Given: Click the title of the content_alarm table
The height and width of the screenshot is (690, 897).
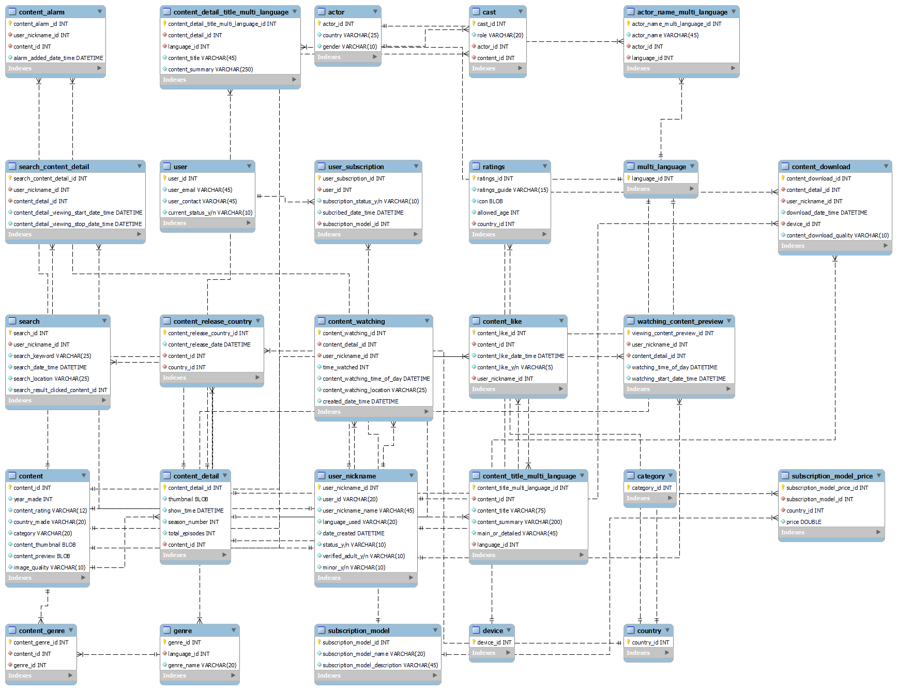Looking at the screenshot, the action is [x=42, y=12].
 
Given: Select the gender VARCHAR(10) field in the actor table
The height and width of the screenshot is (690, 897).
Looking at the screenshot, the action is [x=349, y=47].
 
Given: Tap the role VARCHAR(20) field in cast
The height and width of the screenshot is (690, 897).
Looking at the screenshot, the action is [x=500, y=35].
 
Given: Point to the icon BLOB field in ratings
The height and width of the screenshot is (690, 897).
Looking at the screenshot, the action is [x=490, y=201].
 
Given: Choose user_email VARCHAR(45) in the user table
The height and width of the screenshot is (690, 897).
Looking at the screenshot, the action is [x=200, y=190].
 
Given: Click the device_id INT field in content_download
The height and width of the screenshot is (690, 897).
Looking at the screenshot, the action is [x=803, y=224].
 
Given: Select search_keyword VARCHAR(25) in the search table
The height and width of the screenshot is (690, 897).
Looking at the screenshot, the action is [x=52, y=356].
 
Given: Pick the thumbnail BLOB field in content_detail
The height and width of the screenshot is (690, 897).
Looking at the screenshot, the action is [x=188, y=499].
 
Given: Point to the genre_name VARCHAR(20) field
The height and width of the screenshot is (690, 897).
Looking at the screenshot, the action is [x=202, y=665].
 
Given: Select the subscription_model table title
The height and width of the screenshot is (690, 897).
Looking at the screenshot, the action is [x=359, y=631].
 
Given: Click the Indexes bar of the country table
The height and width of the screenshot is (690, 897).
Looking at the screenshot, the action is [x=648, y=653].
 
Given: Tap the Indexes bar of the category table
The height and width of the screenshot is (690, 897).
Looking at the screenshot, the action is [x=650, y=498].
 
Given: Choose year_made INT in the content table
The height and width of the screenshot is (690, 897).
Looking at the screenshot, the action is [x=33, y=499].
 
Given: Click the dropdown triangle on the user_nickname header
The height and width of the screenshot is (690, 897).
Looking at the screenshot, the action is [x=412, y=475].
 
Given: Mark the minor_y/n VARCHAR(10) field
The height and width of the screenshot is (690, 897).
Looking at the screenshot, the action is [x=354, y=567].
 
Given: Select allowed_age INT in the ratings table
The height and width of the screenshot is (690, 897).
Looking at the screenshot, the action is [x=498, y=213].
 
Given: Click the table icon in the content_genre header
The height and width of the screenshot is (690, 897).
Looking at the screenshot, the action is [x=12, y=630].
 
